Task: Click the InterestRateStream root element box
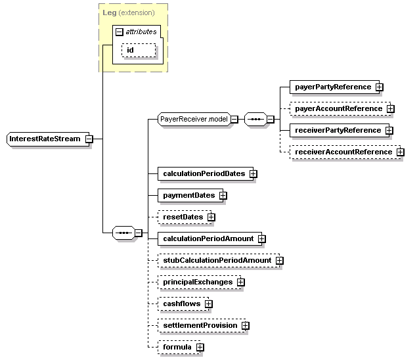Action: [x=45, y=139]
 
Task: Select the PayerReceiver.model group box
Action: [x=194, y=119]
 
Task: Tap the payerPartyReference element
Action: [x=332, y=87]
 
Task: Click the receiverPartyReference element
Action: [x=337, y=130]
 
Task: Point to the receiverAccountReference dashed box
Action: [x=342, y=152]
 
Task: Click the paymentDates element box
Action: [x=188, y=195]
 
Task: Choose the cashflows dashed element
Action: [x=181, y=304]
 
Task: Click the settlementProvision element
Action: [x=200, y=325]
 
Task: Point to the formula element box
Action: [x=177, y=347]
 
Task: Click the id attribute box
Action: [x=139, y=51]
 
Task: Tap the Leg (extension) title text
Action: [x=129, y=12]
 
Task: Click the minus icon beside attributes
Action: [x=119, y=31]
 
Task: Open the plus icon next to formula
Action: [x=200, y=347]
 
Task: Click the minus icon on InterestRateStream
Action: [x=89, y=139]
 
